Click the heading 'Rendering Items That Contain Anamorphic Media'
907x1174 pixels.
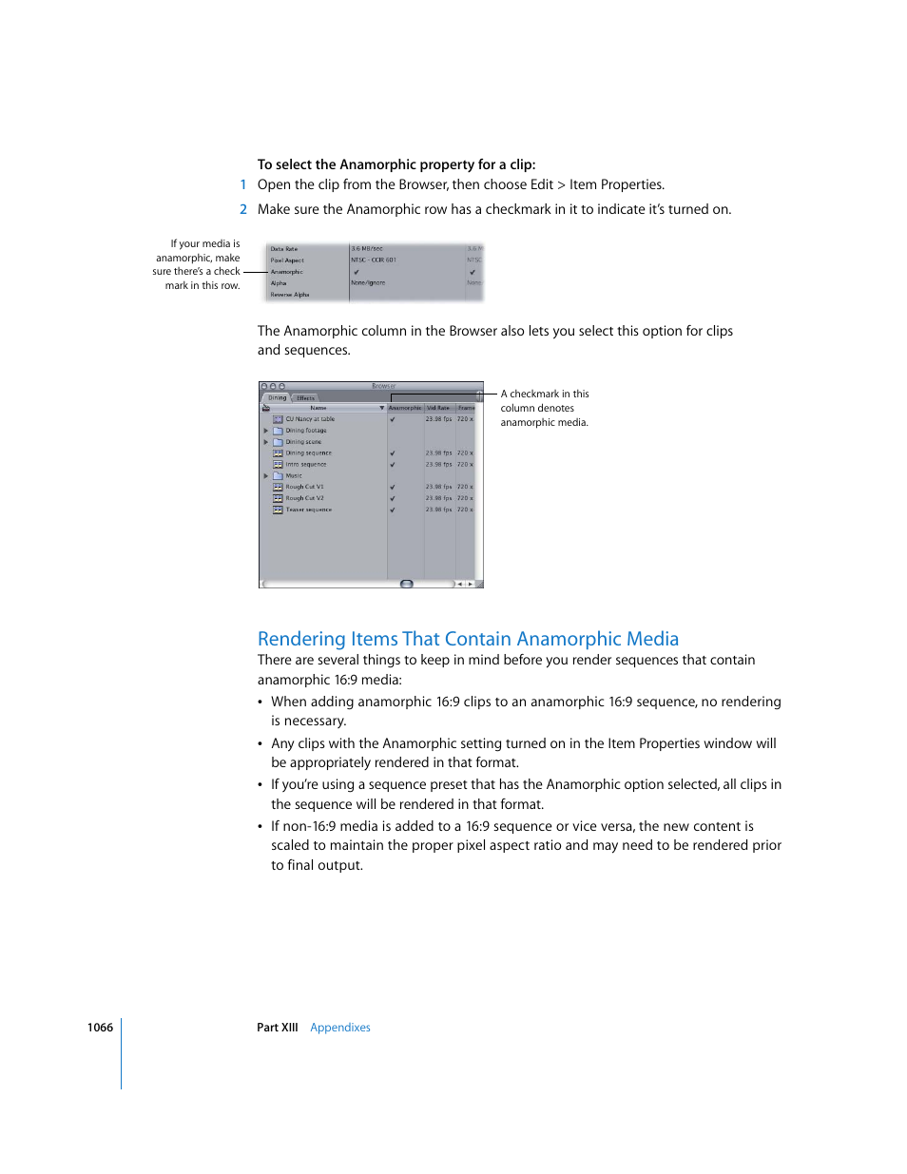click(468, 639)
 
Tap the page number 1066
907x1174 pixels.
click(100, 1028)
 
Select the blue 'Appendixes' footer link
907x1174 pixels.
click(339, 1028)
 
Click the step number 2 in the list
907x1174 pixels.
click(243, 209)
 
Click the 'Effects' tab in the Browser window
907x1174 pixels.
click(305, 398)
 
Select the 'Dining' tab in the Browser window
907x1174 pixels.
click(277, 398)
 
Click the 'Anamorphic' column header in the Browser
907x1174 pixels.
click(405, 408)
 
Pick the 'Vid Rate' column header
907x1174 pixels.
click(438, 408)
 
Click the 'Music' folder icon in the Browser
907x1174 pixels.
click(278, 475)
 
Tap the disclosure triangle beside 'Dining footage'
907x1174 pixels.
click(266, 431)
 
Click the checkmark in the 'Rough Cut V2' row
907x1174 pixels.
click(392, 498)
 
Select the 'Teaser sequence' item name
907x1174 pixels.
click(309, 510)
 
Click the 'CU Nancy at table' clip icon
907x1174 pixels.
click(278, 419)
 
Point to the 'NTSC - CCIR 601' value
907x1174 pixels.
click(374, 260)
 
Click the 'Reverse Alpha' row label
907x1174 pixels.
click(290, 295)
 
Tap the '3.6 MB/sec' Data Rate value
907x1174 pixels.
click(367, 249)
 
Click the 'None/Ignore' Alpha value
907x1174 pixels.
click(368, 282)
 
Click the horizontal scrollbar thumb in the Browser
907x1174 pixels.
click(407, 584)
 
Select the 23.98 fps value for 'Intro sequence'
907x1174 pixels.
click(438, 464)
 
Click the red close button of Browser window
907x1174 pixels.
click(264, 386)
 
